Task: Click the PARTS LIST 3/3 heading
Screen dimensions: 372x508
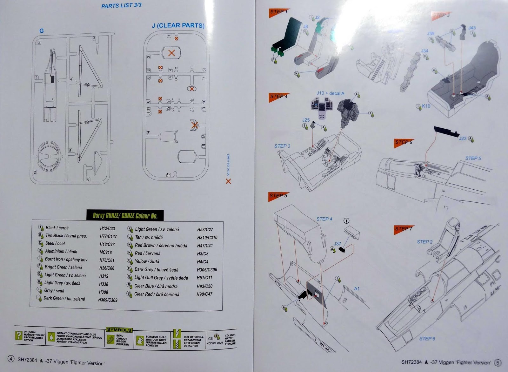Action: tap(121, 6)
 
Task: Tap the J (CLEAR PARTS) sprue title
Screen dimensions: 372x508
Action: tap(178, 25)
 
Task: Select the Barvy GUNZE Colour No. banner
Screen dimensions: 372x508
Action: tap(125, 216)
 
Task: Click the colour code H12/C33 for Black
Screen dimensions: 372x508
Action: tap(107, 228)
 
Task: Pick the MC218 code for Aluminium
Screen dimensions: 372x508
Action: tap(105, 252)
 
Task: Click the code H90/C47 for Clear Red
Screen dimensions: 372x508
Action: tap(204, 294)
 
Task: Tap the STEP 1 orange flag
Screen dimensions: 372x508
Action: tap(278, 12)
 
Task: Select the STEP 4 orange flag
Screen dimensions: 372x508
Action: tap(278, 96)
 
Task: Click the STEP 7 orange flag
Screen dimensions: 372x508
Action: tap(403, 229)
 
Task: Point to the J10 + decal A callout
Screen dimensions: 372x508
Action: tap(330, 93)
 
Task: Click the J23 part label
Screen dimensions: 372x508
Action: tap(463, 139)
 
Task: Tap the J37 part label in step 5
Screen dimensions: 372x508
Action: tap(337, 244)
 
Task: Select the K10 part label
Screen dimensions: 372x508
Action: tap(426, 106)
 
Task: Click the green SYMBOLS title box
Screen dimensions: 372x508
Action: tap(119, 330)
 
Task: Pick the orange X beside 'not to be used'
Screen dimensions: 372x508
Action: tap(228, 181)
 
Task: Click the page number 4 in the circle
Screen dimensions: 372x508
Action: tap(11, 359)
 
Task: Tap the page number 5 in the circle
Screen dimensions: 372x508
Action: tap(498, 362)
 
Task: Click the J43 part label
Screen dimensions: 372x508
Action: tap(472, 28)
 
